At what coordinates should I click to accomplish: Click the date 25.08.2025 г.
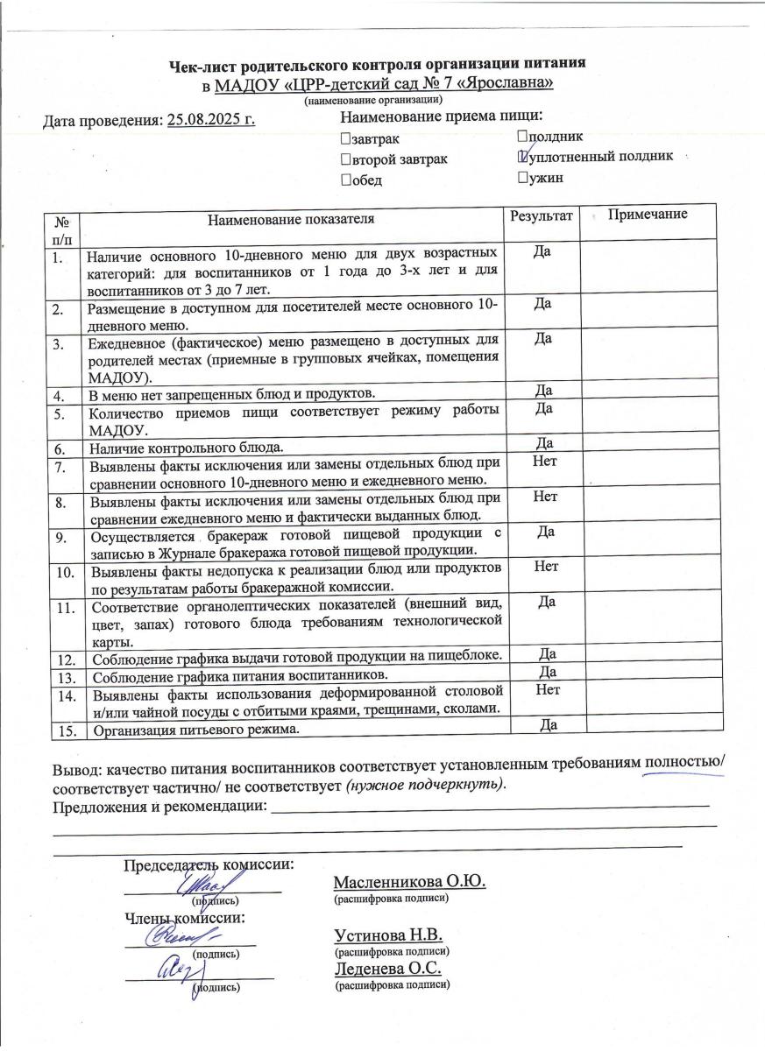click(211, 119)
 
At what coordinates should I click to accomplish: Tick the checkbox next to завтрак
click(344, 139)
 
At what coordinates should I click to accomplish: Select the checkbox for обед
click(344, 180)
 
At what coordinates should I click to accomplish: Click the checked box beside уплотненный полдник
click(523, 157)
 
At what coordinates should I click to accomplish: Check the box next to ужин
click(522, 179)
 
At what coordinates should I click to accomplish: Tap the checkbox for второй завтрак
click(344, 159)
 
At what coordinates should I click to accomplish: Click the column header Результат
click(542, 215)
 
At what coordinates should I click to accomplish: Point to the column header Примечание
click(648, 215)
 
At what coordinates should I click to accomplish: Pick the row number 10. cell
click(64, 573)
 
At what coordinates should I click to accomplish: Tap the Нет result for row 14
click(546, 690)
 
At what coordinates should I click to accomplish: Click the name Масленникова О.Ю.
click(409, 881)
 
